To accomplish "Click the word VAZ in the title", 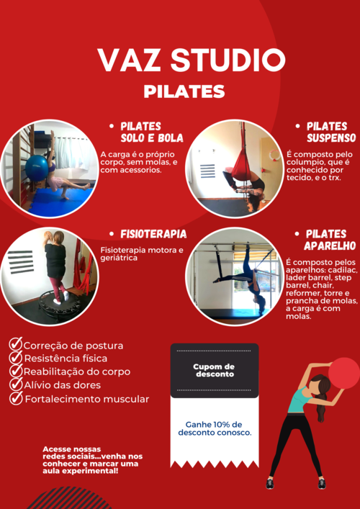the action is tap(130, 60).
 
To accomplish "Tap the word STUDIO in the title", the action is tap(228, 60).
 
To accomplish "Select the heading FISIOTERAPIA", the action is tap(153, 234).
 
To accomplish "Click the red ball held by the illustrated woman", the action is tap(344, 374).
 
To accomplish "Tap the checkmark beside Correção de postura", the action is tap(16, 344).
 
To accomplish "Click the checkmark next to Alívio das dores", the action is tap(16, 384).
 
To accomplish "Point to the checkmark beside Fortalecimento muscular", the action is tap(16, 398).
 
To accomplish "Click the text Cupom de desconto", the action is tap(215, 370).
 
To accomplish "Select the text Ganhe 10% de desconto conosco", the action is tap(215, 428).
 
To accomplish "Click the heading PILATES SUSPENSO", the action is tap(331, 132).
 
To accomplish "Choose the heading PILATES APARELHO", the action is tap(330, 240).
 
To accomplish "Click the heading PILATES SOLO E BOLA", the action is tap(152, 132).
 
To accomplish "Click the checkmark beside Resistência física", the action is tap(16, 357).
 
